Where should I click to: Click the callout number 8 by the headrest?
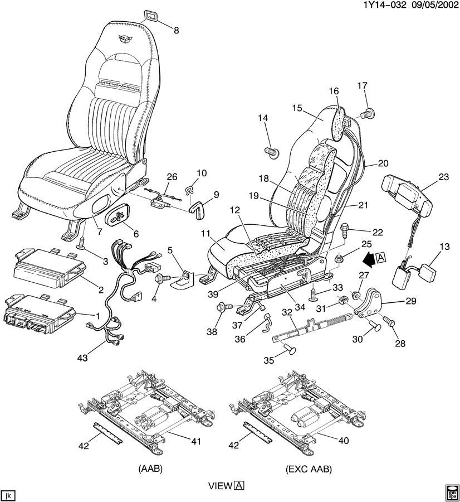tap(177, 31)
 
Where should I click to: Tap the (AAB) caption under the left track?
tap(150, 470)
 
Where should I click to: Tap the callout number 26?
tap(172, 177)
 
